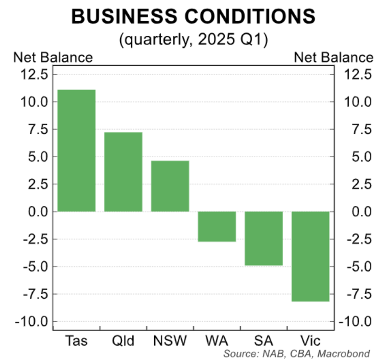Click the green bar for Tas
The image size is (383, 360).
pyautogui.click(x=77, y=151)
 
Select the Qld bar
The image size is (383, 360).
pyautogui.click(x=123, y=172)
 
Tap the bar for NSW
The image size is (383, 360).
pyautogui.click(x=170, y=186)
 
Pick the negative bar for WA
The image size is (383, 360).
pyautogui.click(x=217, y=226)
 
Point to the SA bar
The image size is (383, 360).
pyautogui.click(x=264, y=238)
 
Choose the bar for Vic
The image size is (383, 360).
pyautogui.click(x=310, y=256)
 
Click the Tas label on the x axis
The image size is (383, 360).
pyautogui.click(x=77, y=340)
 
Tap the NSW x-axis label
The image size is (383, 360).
pyautogui.click(x=170, y=340)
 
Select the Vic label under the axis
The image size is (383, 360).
pyautogui.click(x=310, y=340)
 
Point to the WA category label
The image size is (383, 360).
pyautogui.click(x=217, y=340)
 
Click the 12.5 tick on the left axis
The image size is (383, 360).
pyautogui.click(x=34, y=75)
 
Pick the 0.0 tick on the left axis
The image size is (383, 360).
pyautogui.click(x=37, y=212)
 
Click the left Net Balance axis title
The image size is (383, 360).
pyautogui.click(x=53, y=57)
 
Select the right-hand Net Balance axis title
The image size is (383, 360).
pyautogui.click(x=333, y=57)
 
